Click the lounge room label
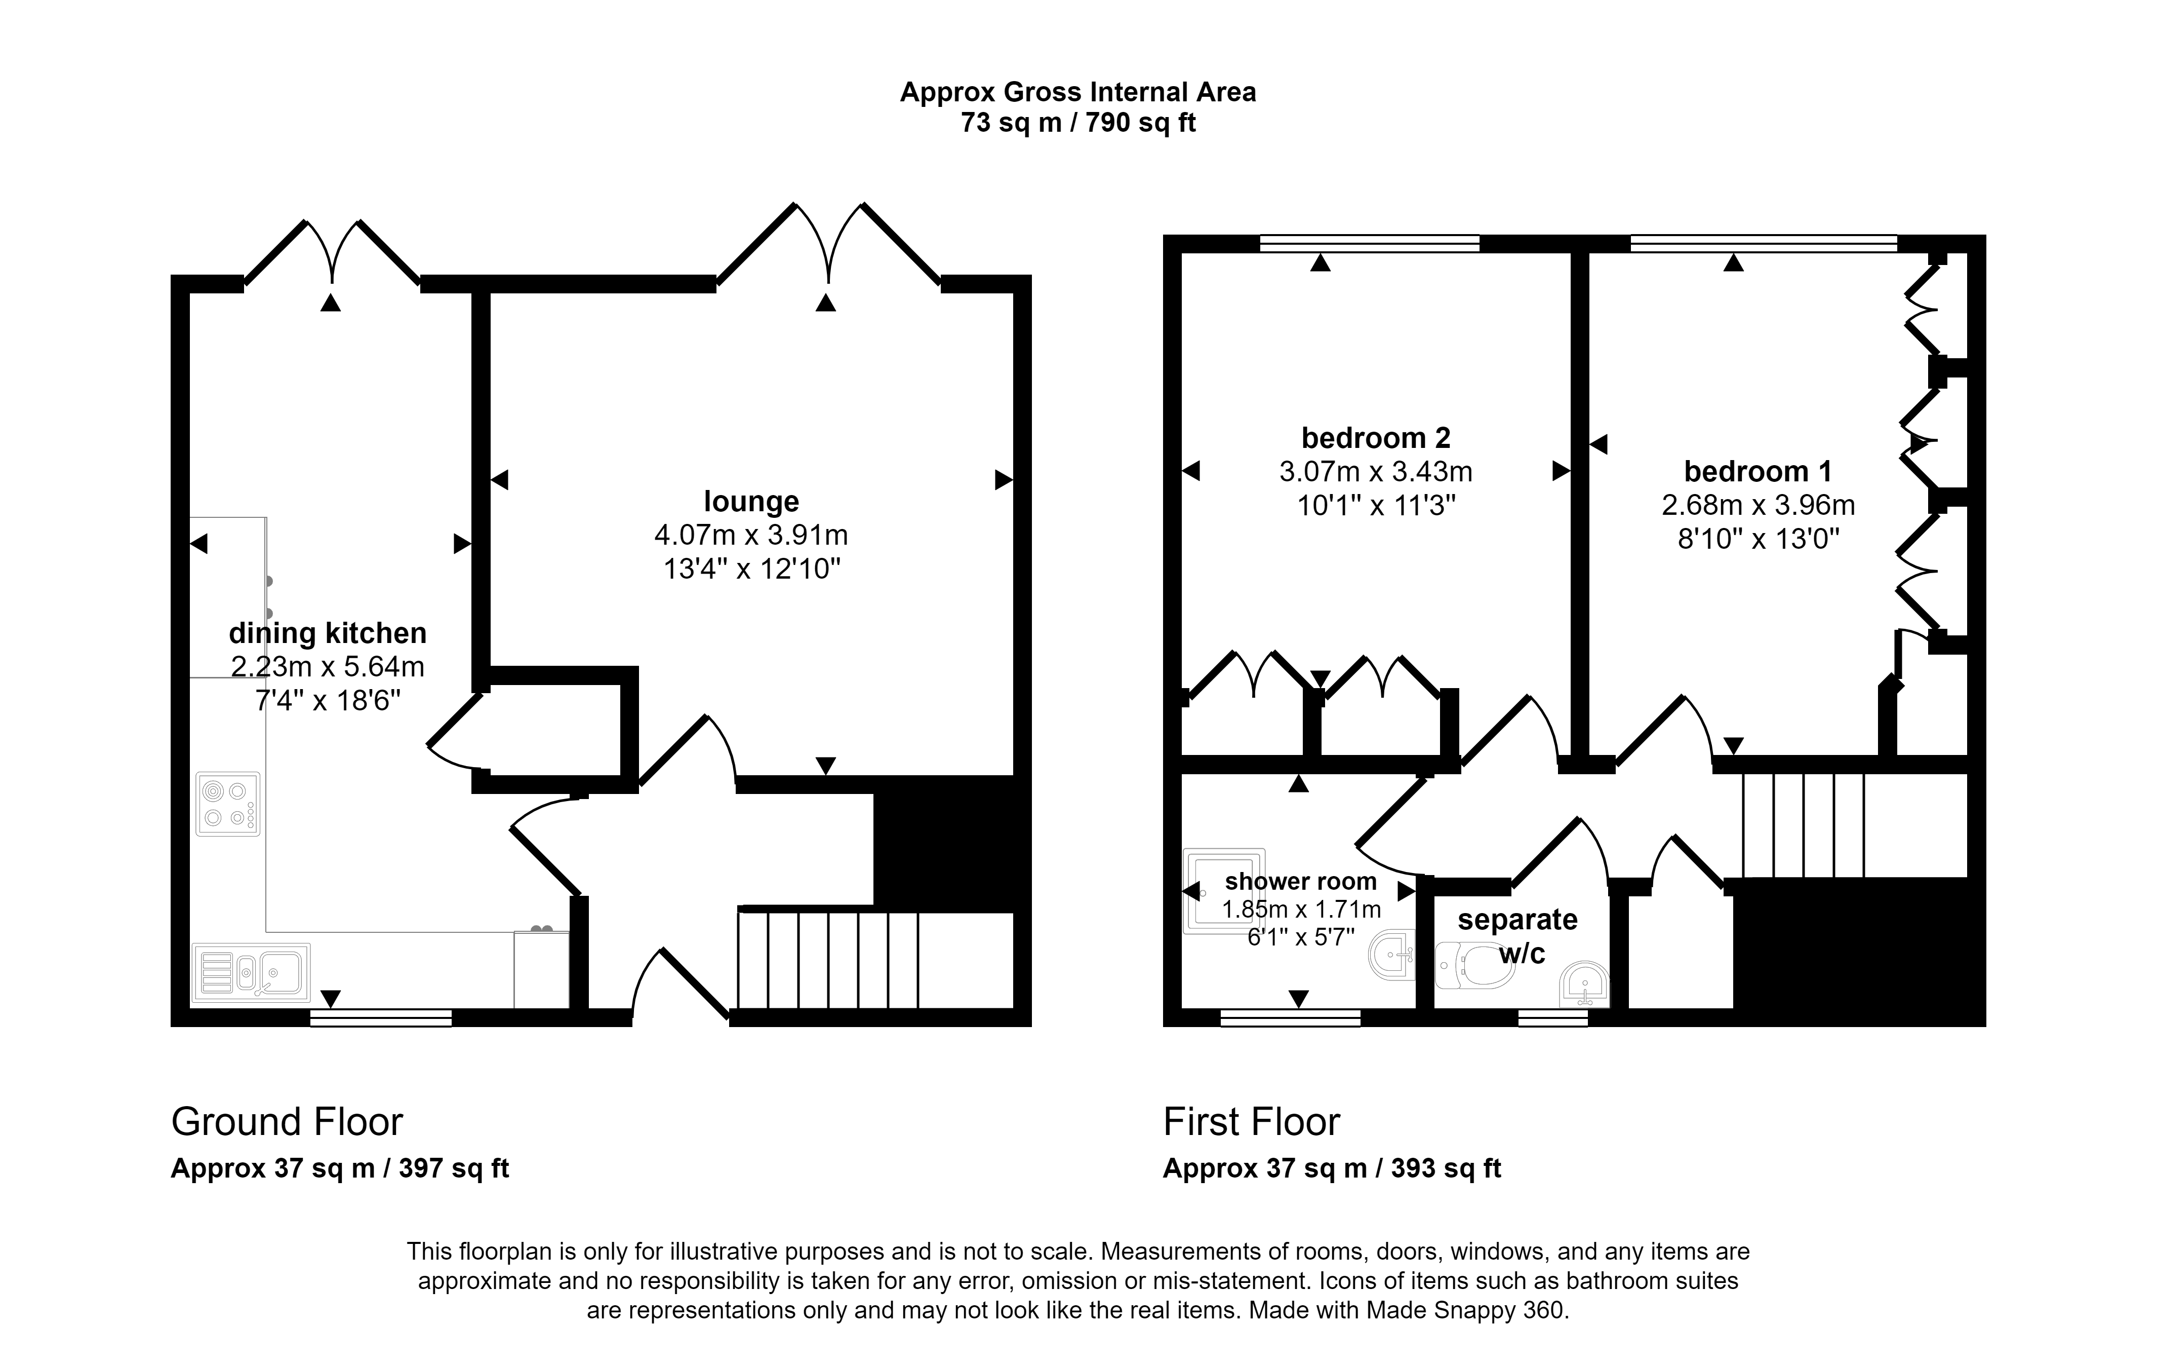pos(751,501)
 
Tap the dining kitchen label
pos(327,633)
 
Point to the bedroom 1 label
pos(1757,471)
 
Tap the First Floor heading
pos(1251,1122)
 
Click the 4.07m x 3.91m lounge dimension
pos(751,535)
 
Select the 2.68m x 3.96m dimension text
pos(1757,505)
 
